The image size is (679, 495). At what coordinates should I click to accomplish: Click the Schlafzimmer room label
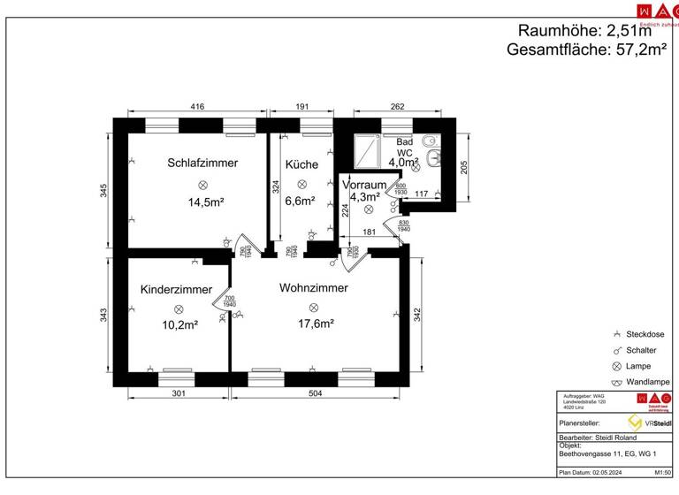tap(202, 163)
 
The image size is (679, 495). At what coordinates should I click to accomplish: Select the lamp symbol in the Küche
tap(301, 184)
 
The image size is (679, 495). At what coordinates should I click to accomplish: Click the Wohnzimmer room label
tap(313, 288)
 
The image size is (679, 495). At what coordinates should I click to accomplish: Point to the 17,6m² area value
tap(315, 324)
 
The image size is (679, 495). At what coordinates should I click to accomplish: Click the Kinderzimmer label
tap(176, 290)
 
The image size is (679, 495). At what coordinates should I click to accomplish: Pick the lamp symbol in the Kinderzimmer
tap(178, 308)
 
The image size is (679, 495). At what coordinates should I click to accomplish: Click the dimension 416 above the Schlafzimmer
tap(197, 107)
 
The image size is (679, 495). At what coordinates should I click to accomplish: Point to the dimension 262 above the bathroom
tap(397, 107)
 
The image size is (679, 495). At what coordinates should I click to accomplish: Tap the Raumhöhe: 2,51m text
tap(591, 31)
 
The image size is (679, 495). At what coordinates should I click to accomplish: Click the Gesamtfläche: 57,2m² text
tap(586, 50)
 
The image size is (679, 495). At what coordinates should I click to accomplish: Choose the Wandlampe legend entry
tap(646, 382)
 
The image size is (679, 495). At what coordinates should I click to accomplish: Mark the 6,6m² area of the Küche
tap(301, 201)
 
